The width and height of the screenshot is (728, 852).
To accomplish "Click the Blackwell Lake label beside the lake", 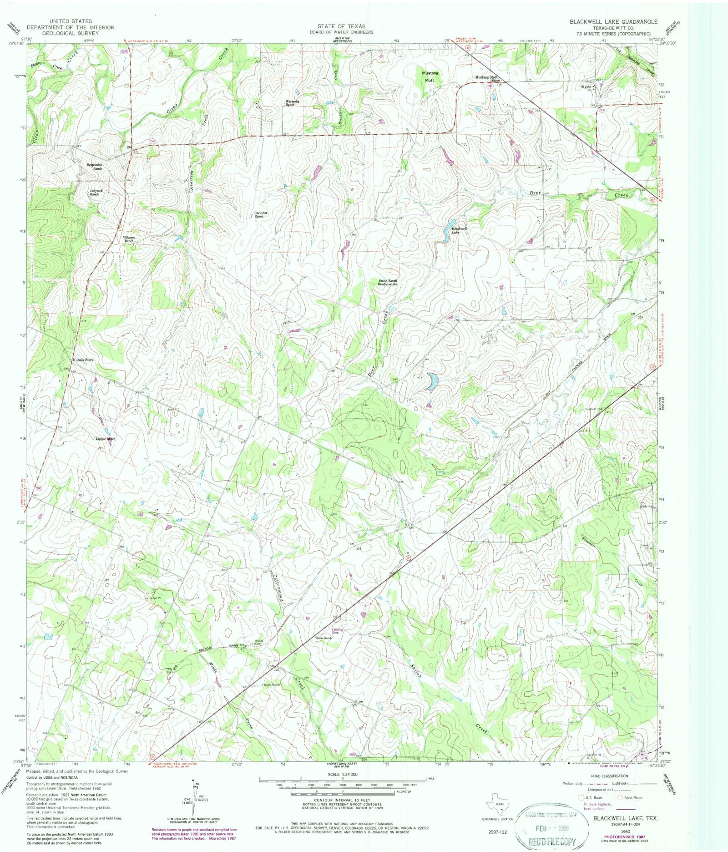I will (459, 230).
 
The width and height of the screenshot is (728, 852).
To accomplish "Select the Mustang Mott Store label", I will (488, 78).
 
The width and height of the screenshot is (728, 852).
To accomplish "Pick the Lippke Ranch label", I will (106, 439).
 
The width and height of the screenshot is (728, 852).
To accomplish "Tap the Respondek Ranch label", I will (95, 166).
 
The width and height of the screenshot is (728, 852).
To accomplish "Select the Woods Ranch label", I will (271, 685).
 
